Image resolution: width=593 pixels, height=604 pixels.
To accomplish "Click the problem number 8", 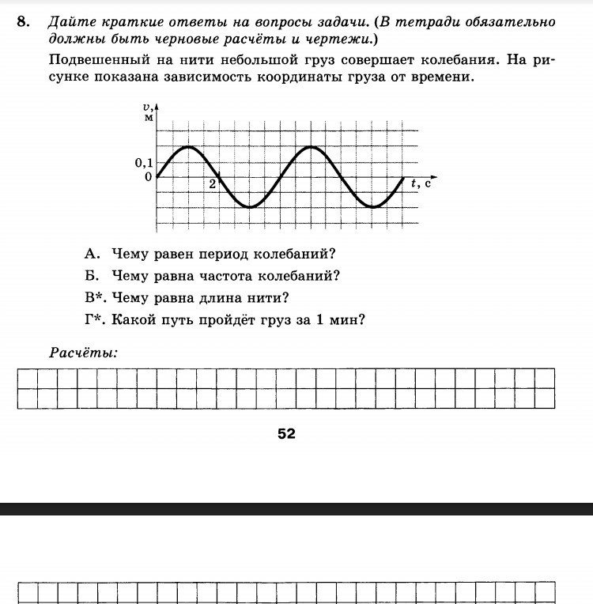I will [x=22, y=21].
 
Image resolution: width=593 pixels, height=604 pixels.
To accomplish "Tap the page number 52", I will [x=286, y=433].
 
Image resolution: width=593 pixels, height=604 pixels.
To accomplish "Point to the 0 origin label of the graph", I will [x=148, y=177].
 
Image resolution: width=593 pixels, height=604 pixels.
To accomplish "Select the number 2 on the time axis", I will [x=212, y=184].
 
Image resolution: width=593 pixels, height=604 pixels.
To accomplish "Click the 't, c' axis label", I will [x=421, y=183].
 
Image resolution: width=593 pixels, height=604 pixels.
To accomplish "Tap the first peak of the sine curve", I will [x=187, y=147].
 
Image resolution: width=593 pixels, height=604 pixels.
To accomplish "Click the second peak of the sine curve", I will [x=311, y=147].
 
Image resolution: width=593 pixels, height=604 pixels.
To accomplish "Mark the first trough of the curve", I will [x=249, y=207].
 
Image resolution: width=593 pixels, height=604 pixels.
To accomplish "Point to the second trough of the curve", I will [x=373, y=207].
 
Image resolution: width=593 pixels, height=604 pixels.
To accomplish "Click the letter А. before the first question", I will [x=93, y=254].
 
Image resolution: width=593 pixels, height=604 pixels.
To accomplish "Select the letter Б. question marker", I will [x=93, y=276].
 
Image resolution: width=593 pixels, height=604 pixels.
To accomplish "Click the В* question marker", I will [x=95, y=298].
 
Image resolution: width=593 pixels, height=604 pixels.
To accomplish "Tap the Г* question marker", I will [x=95, y=320].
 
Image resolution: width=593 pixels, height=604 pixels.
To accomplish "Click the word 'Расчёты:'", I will [x=83, y=353].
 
